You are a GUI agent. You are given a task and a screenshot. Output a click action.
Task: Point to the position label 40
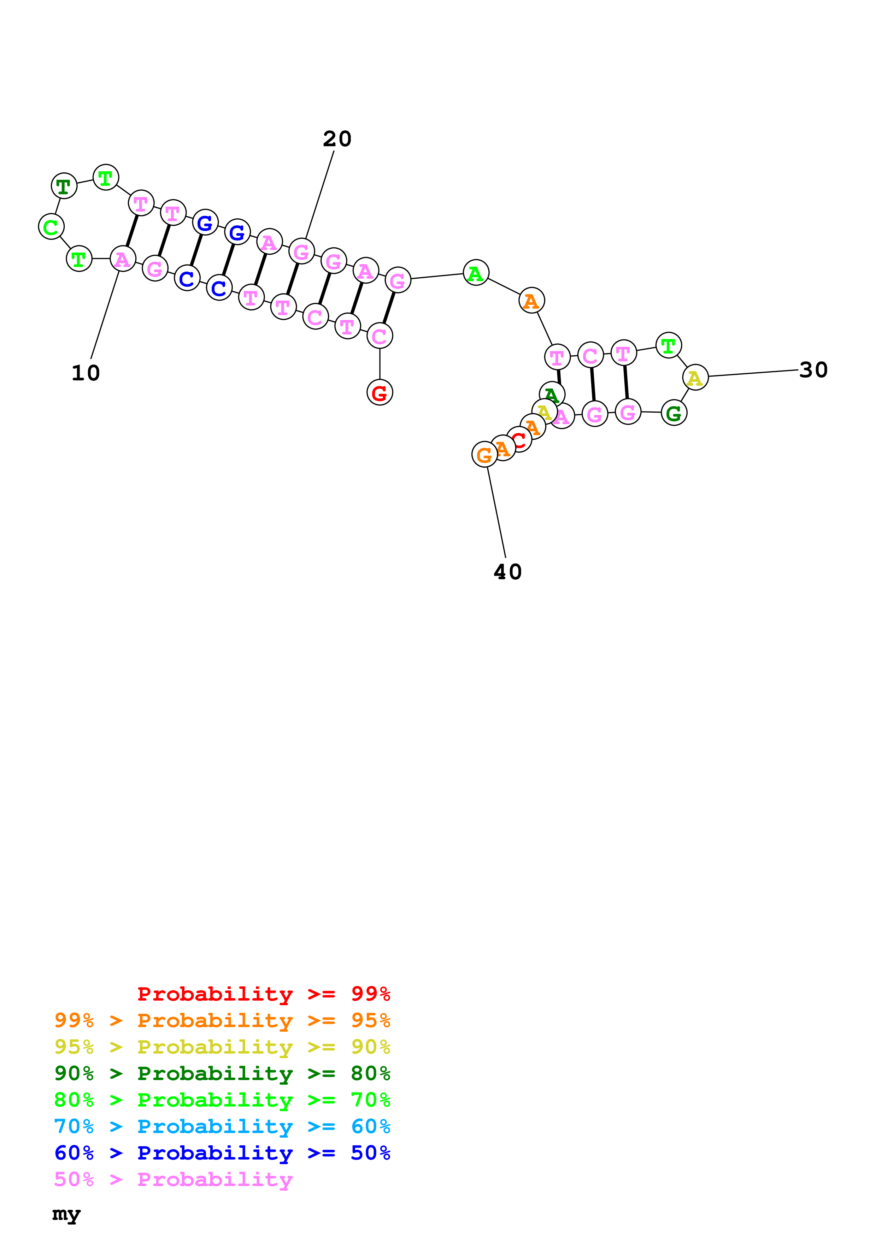coord(507,572)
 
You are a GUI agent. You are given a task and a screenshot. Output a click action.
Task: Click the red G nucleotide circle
coord(380,392)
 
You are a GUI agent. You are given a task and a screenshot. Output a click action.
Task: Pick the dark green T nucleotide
coord(64,186)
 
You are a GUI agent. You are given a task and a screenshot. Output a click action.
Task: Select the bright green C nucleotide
coord(51,227)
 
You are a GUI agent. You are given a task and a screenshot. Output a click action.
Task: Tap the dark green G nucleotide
coord(674,413)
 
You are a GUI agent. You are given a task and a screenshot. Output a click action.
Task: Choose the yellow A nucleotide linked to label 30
coord(695,377)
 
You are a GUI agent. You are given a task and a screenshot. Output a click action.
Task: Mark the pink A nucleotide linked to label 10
coord(123,259)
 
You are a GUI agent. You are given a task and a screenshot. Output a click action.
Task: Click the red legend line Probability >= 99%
coord(263,994)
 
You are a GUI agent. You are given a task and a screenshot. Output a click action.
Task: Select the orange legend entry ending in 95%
coord(222,1020)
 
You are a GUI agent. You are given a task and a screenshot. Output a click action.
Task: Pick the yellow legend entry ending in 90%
coord(222,1047)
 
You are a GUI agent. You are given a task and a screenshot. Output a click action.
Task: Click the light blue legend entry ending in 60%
coord(222,1126)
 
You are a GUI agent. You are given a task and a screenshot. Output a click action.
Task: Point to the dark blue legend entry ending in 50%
coord(222,1153)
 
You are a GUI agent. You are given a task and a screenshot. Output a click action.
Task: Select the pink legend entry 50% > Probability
coord(173,1179)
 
